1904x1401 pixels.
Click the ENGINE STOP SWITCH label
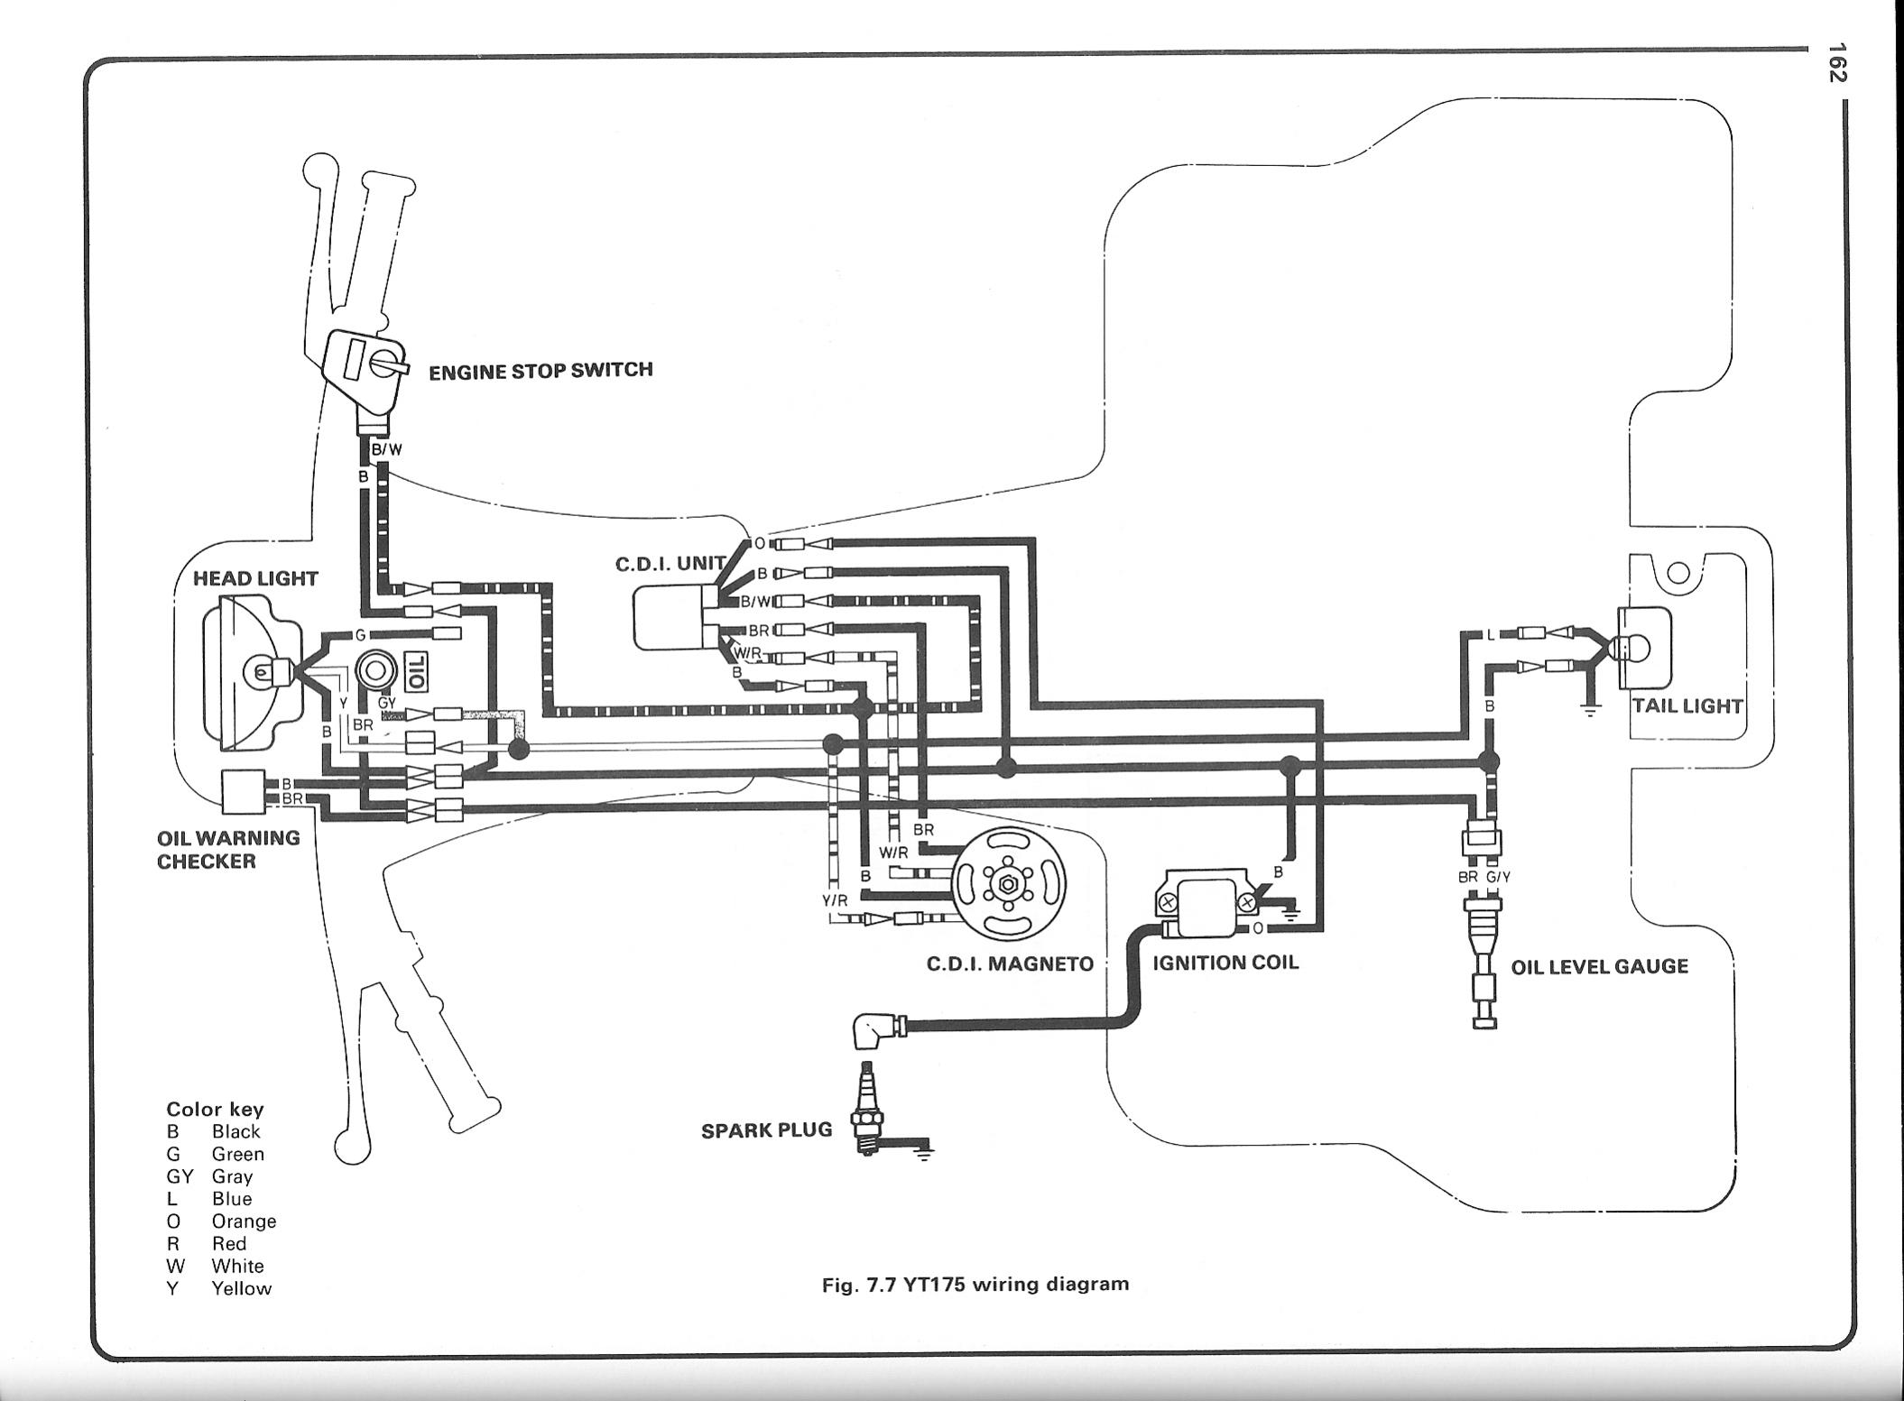540,371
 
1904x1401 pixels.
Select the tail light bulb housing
1644,647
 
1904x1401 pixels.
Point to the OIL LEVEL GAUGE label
1599,967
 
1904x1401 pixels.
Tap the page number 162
1835,62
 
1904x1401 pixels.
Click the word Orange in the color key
244,1221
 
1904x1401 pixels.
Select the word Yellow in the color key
241,1289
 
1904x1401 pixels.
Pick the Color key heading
215,1110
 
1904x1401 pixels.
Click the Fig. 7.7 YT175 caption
975,1284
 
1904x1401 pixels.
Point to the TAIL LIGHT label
1687,705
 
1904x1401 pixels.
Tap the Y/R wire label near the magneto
835,900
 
